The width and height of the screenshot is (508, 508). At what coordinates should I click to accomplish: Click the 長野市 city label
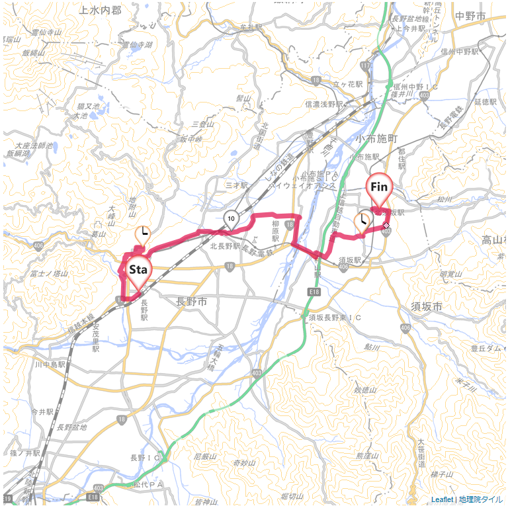pyautogui.click(x=192, y=302)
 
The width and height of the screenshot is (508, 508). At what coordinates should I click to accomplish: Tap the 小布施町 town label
pyautogui.click(x=376, y=139)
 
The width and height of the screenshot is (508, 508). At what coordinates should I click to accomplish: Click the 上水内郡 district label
pyautogui.click(x=100, y=10)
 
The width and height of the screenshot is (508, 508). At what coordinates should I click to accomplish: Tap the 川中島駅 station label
pyautogui.click(x=52, y=364)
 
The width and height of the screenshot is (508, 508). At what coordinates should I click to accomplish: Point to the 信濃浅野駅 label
pyautogui.click(x=324, y=104)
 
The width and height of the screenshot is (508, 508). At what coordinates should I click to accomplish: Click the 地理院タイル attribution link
pyautogui.click(x=481, y=499)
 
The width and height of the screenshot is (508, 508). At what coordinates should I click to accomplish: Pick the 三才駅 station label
pyautogui.click(x=235, y=186)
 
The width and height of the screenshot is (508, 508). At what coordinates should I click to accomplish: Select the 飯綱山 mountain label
pyautogui.click(x=32, y=53)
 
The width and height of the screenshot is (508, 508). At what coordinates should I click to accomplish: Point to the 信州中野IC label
pyautogui.click(x=415, y=87)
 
